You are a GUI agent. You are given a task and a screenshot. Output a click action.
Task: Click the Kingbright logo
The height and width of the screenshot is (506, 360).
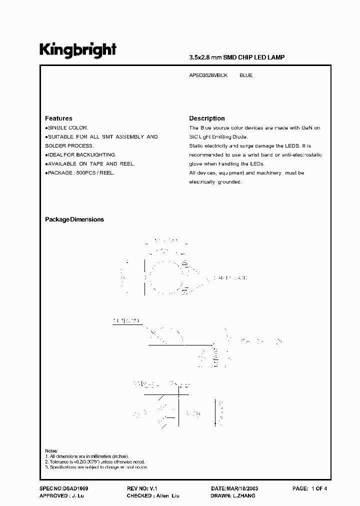[x=78, y=49]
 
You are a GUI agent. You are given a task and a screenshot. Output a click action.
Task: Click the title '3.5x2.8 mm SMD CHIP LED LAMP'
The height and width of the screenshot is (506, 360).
[x=236, y=57]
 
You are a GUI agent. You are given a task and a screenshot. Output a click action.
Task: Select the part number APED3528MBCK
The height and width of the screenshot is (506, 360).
[x=208, y=75]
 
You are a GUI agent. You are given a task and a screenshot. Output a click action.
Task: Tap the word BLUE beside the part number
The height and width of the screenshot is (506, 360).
[x=246, y=75]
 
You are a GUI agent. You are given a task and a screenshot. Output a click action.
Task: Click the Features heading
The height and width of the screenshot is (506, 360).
[x=58, y=118]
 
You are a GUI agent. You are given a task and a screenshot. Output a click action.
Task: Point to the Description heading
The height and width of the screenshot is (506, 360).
[x=206, y=118]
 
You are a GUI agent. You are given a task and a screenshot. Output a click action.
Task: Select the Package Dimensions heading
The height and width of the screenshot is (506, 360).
[x=74, y=219]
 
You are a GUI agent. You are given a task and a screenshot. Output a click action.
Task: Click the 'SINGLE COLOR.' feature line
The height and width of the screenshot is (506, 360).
[x=68, y=128]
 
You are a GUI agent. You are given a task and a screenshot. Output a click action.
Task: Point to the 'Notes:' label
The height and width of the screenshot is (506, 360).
[x=51, y=450]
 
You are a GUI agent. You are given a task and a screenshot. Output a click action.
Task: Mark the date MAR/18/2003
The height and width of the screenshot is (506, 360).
[x=241, y=488]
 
